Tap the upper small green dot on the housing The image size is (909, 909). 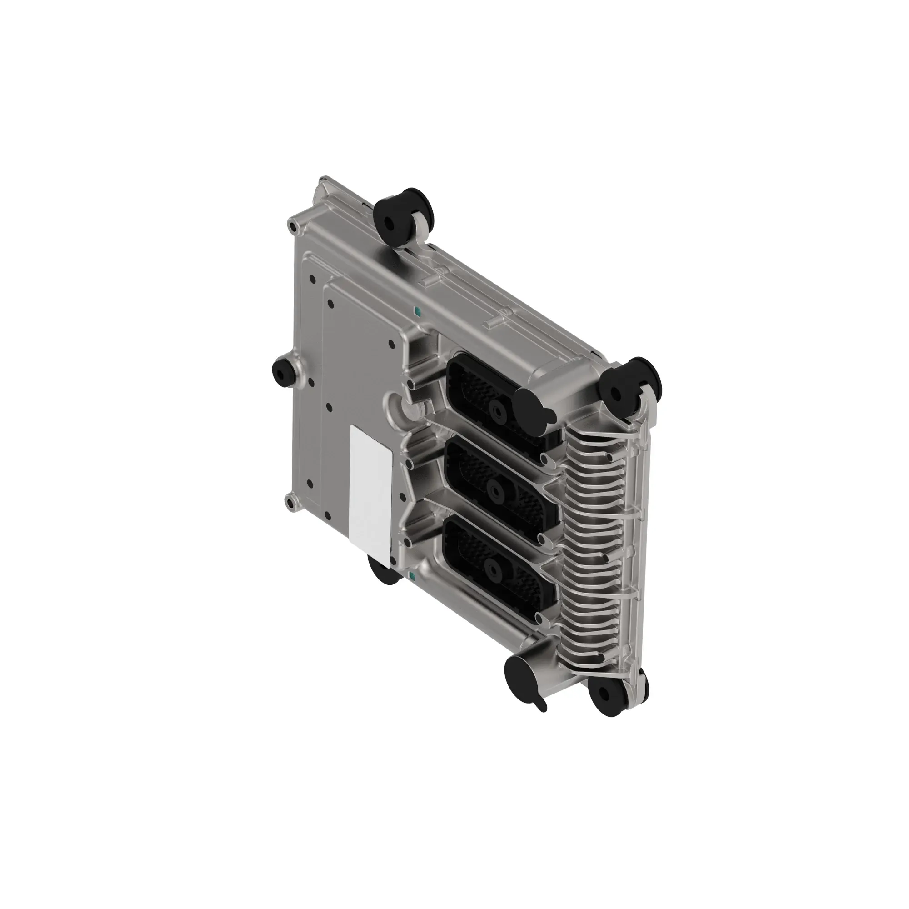(x=415, y=311)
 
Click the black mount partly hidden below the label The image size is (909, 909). (x=384, y=572)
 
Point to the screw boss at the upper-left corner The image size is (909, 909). (x=293, y=228)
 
